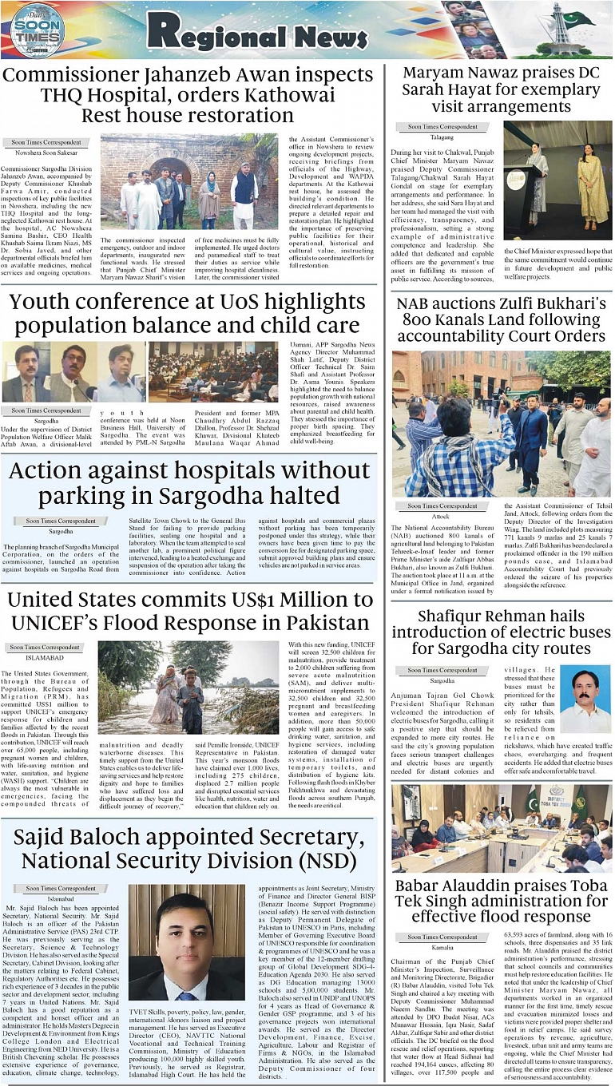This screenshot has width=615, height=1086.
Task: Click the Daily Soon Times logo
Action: pyautogui.click(x=38, y=30)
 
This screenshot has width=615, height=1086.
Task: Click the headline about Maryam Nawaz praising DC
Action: pyautogui.click(x=501, y=90)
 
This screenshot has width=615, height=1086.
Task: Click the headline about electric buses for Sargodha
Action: pyautogui.click(x=501, y=632)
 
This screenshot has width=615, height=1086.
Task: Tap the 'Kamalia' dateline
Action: pyautogui.click(x=442, y=947)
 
